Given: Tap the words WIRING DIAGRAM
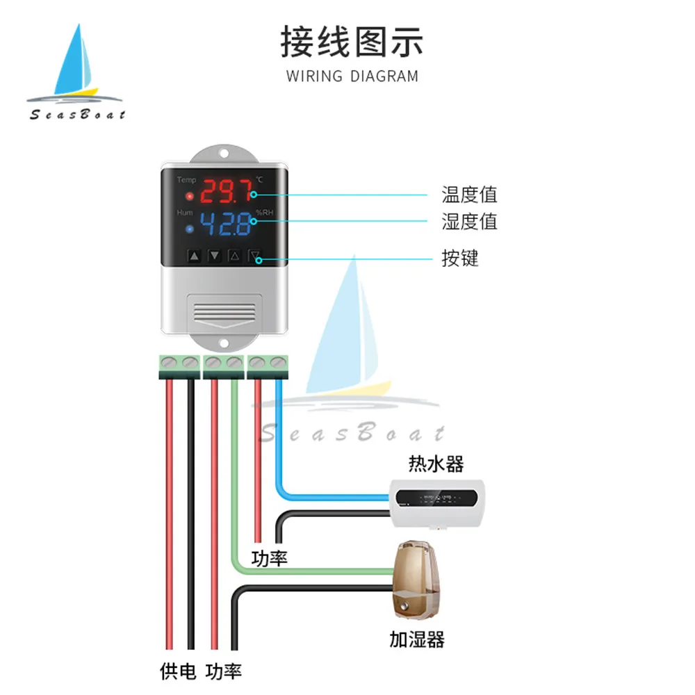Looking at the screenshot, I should point(352,76).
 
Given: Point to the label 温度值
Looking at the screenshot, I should point(470,194).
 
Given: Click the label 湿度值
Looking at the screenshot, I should point(470,222).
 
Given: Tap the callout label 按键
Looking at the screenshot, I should point(460,259).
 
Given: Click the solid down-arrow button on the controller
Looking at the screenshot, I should point(215,256).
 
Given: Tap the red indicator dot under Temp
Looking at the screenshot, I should point(189,195).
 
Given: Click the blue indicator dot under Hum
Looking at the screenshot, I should point(189,229).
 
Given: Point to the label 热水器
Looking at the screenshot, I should point(436,463).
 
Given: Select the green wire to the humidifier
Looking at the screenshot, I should point(236,486).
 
